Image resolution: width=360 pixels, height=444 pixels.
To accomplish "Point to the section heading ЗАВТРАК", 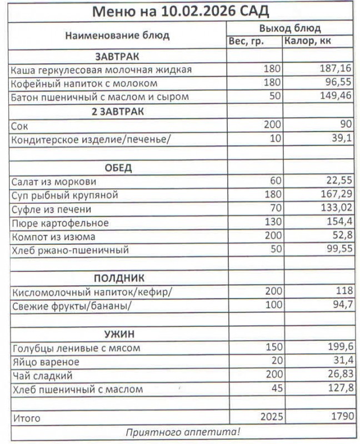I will click(x=117, y=56).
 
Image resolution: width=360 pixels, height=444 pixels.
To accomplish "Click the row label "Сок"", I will click(x=20, y=125).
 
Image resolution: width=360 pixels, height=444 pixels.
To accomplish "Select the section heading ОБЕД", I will click(x=118, y=168).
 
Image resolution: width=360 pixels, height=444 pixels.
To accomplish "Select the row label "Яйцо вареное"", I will click(x=46, y=362).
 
